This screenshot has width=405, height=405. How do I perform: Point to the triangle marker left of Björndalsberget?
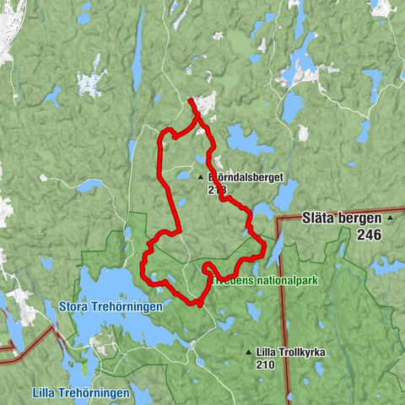[x=200, y=178]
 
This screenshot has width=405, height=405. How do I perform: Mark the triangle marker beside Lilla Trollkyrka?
[x=247, y=352]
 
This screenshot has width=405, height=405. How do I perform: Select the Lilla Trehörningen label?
[x=80, y=393]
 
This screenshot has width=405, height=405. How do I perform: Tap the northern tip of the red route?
[x=191, y=100]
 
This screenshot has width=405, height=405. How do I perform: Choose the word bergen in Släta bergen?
[x=361, y=218]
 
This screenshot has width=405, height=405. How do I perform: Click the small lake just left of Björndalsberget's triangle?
[x=183, y=175]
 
